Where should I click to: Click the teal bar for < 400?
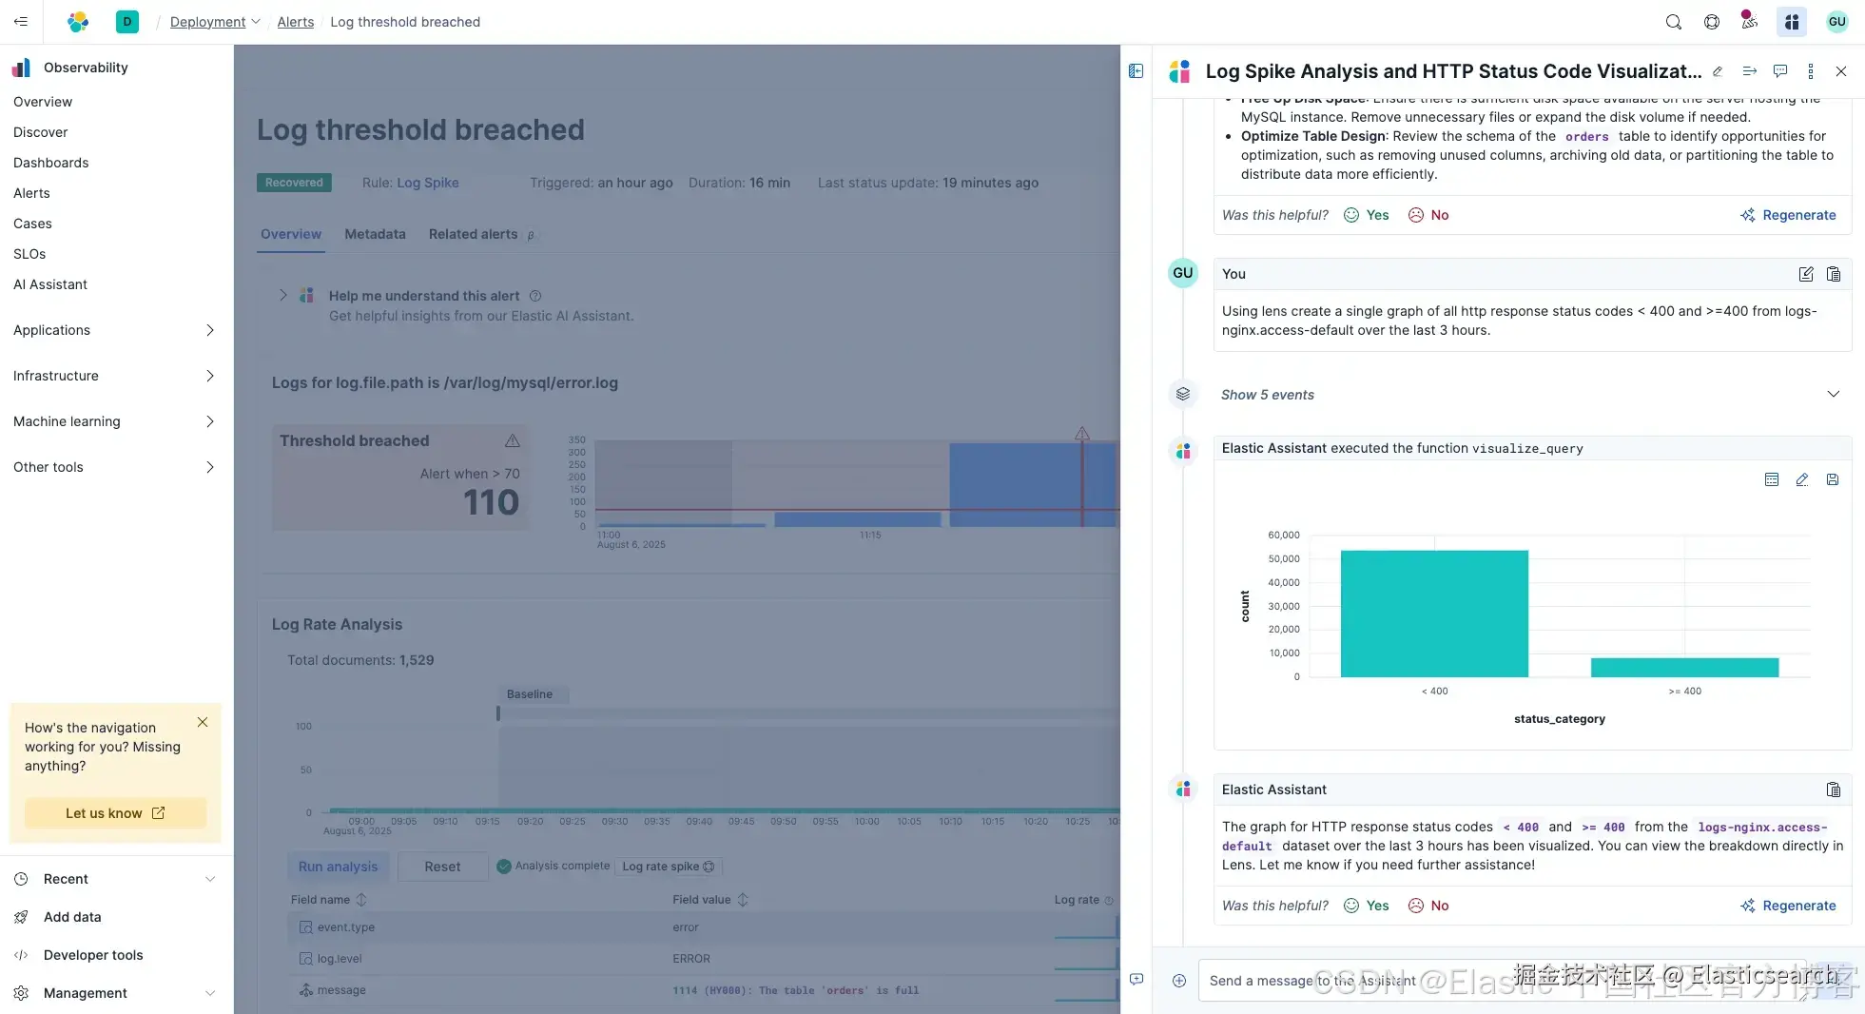1434,614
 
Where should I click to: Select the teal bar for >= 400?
1684,667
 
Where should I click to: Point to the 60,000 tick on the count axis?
1283,536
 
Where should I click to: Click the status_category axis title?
1559,719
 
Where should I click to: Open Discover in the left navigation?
41,132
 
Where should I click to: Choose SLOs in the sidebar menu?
29,254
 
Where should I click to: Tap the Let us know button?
114,813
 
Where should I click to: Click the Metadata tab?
375,234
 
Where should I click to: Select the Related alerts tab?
473,234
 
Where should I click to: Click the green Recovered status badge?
294,183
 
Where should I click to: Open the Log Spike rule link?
427,183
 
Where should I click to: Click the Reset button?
442,867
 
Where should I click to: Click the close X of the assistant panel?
1841,71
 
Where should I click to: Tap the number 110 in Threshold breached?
491,502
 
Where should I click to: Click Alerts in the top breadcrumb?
295,22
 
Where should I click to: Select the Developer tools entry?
93,955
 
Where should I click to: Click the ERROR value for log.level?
691,959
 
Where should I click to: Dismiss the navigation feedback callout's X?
203,722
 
